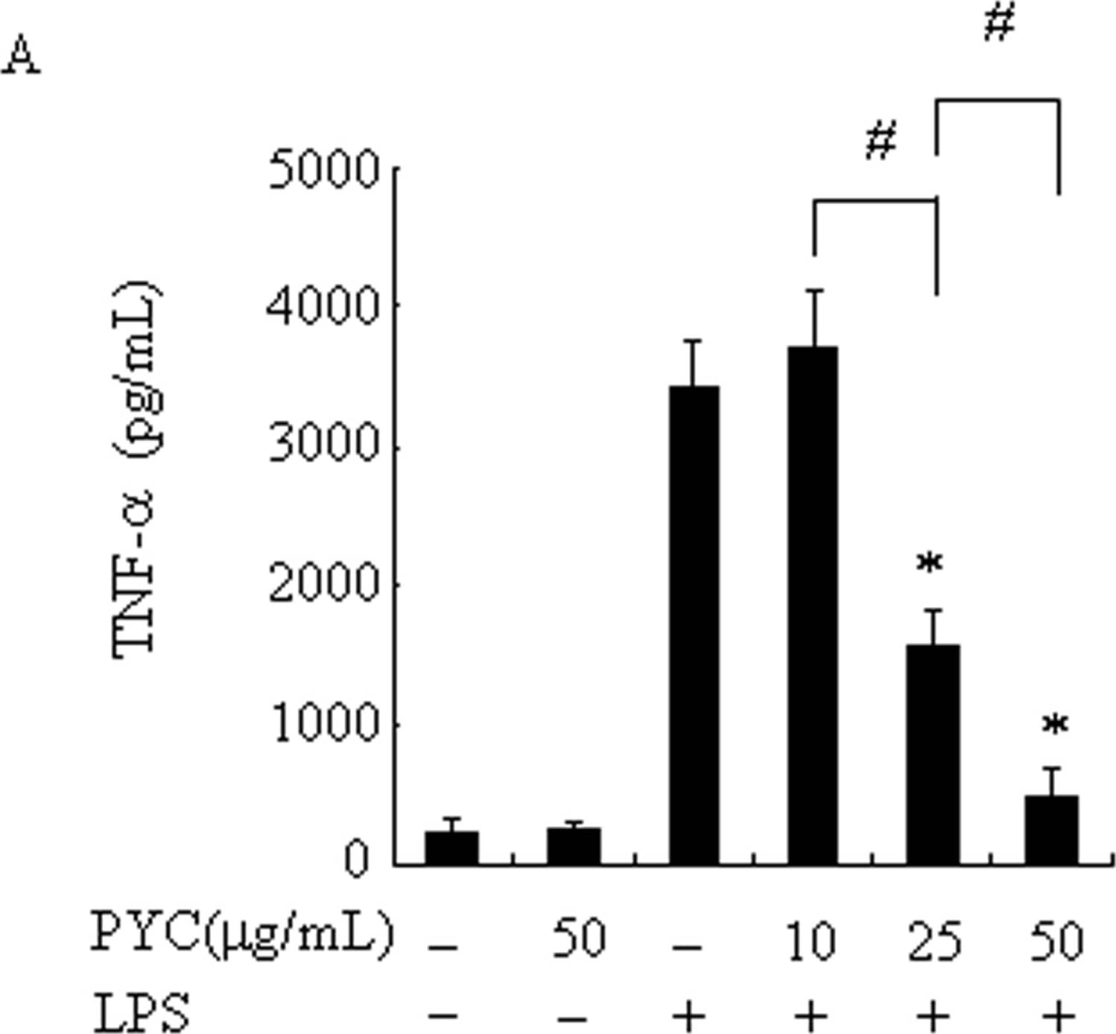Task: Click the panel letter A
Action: coord(21,57)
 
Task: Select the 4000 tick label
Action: coord(323,306)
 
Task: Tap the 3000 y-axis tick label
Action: coord(323,445)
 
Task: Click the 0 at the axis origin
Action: coord(357,860)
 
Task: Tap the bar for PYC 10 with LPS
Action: coord(813,605)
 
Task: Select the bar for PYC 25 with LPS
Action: coord(933,754)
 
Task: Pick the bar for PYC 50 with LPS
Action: coord(1051,829)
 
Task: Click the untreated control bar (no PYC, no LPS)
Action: coord(451,848)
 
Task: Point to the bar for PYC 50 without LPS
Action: coord(574,846)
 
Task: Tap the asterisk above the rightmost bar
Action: coord(1055,725)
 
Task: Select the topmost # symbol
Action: coord(999,23)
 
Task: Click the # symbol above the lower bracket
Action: coord(881,141)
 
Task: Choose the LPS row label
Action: coord(141,1012)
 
